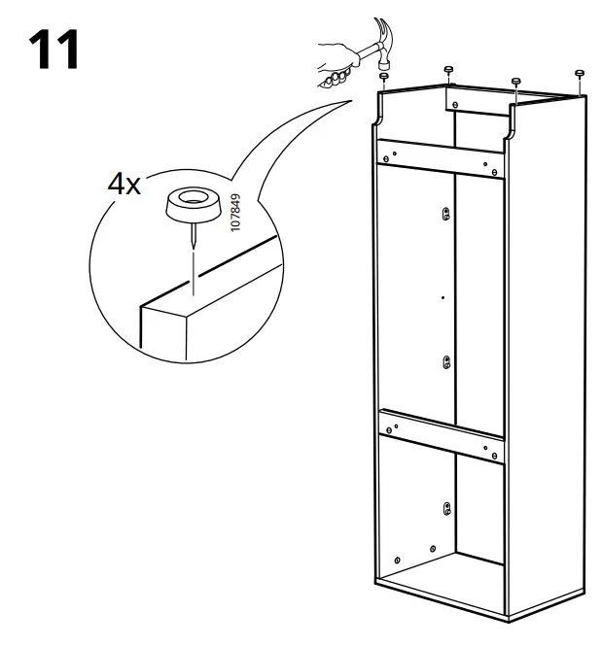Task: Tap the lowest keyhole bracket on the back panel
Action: tap(445, 508)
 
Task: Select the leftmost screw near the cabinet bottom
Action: tap(398, 561)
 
